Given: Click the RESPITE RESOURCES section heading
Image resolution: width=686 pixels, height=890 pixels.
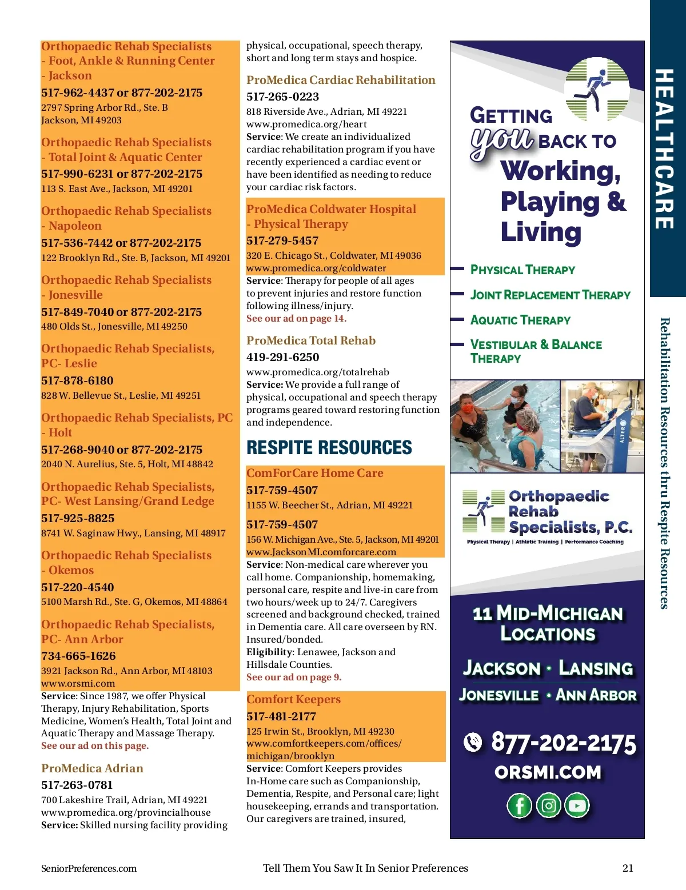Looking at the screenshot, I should point(329,447).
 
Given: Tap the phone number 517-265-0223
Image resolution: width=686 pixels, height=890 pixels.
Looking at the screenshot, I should point(282,97).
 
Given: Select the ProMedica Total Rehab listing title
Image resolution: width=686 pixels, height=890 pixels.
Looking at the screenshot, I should point(311,340).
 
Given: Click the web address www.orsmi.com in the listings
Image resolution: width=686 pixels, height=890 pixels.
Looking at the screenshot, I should point(78,683).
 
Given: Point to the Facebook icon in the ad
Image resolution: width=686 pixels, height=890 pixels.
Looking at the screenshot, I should point(519,805).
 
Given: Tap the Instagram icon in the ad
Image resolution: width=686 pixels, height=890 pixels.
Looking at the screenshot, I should point(549,805).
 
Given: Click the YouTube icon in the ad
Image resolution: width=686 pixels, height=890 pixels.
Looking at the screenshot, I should point(577,805).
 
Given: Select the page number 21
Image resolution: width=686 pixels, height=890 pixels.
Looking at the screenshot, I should point(628,868).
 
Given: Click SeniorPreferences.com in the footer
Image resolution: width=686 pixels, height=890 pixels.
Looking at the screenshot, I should point(89,868).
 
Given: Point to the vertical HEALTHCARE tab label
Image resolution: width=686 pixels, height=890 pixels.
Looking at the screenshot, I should point(664,149).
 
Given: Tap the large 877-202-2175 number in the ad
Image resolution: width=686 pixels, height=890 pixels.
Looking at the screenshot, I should point(563,743).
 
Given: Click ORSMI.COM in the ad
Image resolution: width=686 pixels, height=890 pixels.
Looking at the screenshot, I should point(548,772).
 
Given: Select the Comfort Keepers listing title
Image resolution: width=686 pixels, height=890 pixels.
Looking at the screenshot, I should point(293,699).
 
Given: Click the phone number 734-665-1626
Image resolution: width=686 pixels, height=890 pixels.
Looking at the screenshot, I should point(78,656).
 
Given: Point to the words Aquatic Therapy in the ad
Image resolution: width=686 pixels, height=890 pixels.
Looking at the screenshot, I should point(520,320).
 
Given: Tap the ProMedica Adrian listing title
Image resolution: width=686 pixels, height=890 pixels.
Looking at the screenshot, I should point(92,768).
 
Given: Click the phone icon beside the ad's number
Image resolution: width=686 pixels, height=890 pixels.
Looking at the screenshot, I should point(473,742).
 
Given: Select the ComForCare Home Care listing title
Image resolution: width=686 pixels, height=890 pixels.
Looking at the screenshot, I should point(314,473).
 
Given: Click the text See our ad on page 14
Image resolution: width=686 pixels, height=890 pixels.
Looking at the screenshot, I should point(296,318).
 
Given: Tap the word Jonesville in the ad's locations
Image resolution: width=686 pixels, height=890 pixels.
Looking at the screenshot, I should point(498,695).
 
